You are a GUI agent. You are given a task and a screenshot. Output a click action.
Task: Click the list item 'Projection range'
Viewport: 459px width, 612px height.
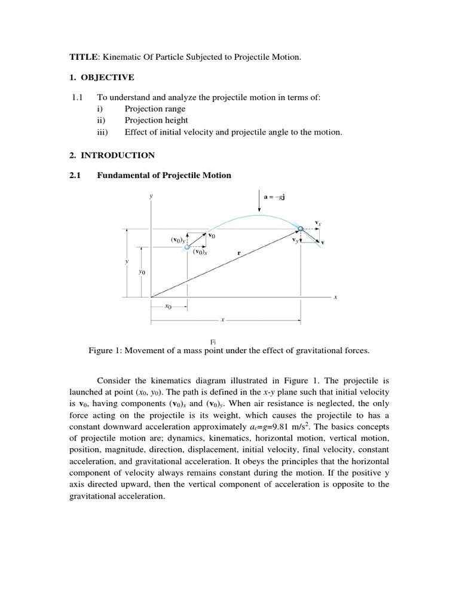click(155, 109)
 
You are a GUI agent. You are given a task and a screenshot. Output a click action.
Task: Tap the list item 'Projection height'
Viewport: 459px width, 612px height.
click(156, 120)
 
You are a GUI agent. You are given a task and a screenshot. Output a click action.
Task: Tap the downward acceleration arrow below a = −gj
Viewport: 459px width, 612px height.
click(259, 204)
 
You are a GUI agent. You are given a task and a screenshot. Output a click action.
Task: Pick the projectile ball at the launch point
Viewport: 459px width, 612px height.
click(188, 246)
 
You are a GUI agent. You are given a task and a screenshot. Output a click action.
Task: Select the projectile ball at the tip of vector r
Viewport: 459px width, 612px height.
click(300, 228)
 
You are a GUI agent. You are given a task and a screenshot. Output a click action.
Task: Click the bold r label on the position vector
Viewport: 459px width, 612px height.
click(239, 253)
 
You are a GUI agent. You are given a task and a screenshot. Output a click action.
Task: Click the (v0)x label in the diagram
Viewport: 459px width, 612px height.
click(200, 252)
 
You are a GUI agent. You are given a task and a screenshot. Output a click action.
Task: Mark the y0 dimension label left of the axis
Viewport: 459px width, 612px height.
click(142, 271)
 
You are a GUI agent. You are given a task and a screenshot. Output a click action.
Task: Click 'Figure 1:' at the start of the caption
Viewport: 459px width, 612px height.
click(105, 351)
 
